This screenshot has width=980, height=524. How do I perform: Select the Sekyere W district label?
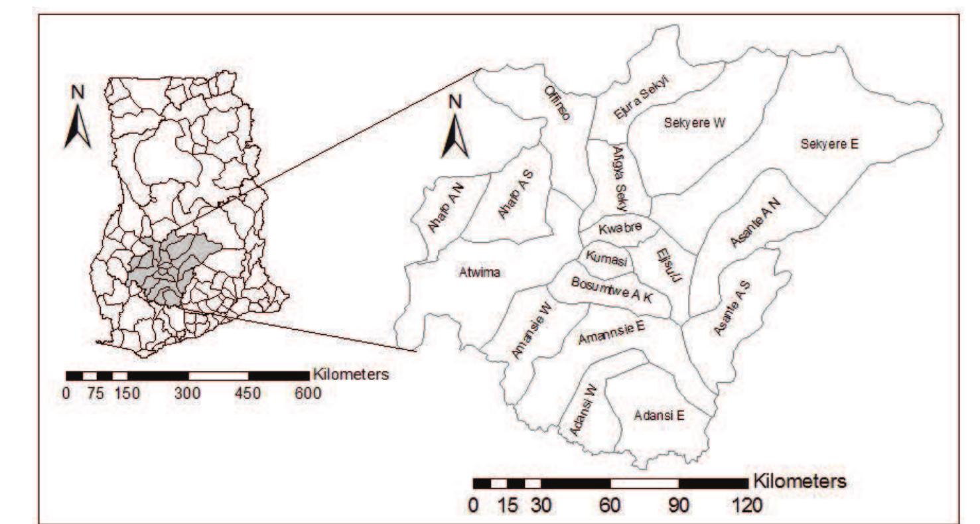(x=695, y=123)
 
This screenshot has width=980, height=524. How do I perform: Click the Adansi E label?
(x=659, y=416)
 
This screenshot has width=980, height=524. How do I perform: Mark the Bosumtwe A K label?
(x=612, y=289)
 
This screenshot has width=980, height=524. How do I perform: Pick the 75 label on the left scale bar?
(x=96, y=393)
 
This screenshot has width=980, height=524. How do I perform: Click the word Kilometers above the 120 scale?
(x=799, y=480)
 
